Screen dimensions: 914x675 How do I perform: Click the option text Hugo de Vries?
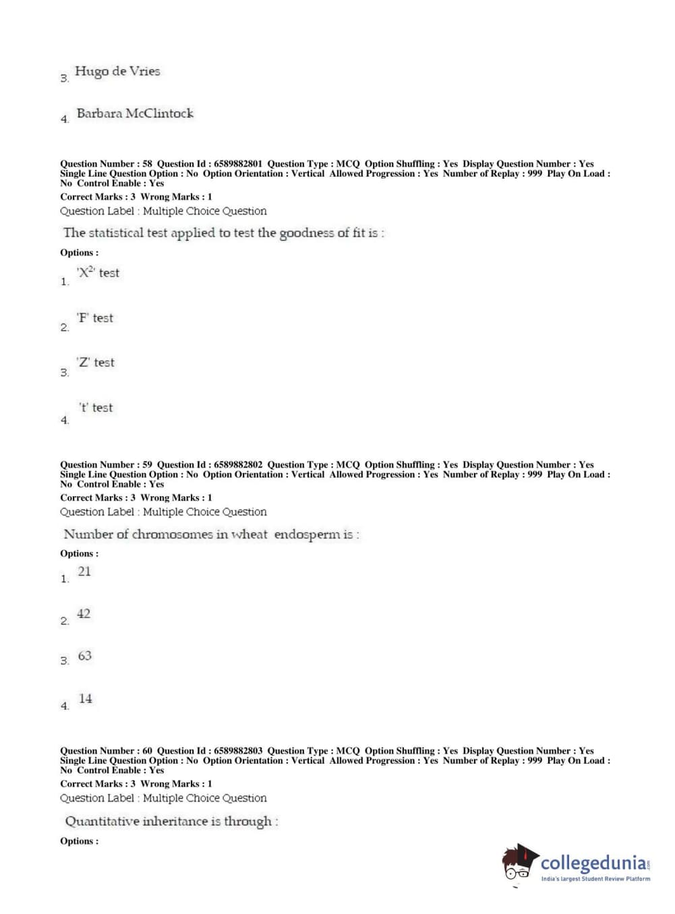tap(117, 71)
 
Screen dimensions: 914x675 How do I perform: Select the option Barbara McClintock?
tap(135, 113)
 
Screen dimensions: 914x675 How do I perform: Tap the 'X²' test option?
tap(98, 272)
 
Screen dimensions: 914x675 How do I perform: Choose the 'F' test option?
tap(95, 317)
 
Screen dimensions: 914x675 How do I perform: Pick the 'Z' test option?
tap(96, 363)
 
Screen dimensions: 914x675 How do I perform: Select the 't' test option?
tap(96, 408)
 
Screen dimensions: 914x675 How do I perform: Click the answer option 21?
tap(84, 572)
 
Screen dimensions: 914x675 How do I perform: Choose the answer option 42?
tap(84, 614)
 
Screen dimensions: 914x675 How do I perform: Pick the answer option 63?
tap(84, 656)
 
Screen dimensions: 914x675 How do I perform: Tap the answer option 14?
tap(85, 699)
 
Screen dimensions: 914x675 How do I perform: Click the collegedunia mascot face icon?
tap(519, 863)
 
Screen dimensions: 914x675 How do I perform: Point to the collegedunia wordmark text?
tap(593, 863)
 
